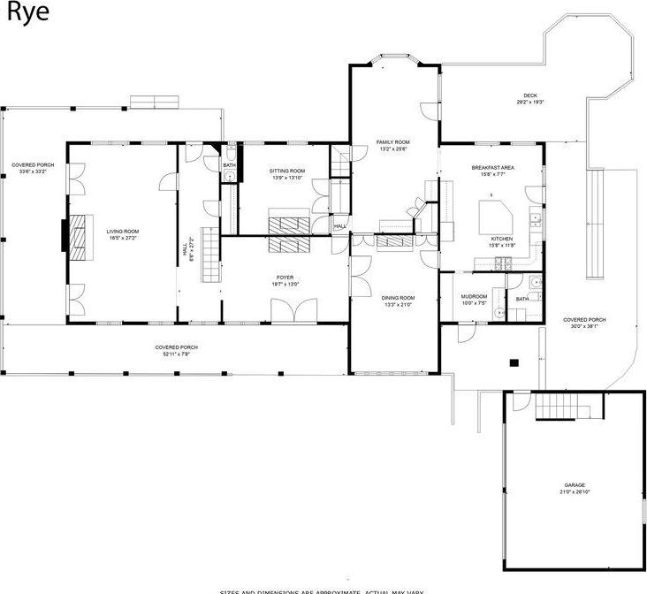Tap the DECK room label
point(529,95)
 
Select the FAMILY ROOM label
point(393,142)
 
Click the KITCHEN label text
point(502,240)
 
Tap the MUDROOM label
point(474,297)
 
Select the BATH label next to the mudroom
point(521,299)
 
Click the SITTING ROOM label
point(287,171)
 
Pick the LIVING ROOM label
point(124,232)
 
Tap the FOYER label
point(285,278)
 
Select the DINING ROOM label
point(398,298)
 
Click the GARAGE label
point(575,485)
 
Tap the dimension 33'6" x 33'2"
point(28,171)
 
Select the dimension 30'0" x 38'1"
point(585,325)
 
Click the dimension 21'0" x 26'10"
point(575,492)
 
